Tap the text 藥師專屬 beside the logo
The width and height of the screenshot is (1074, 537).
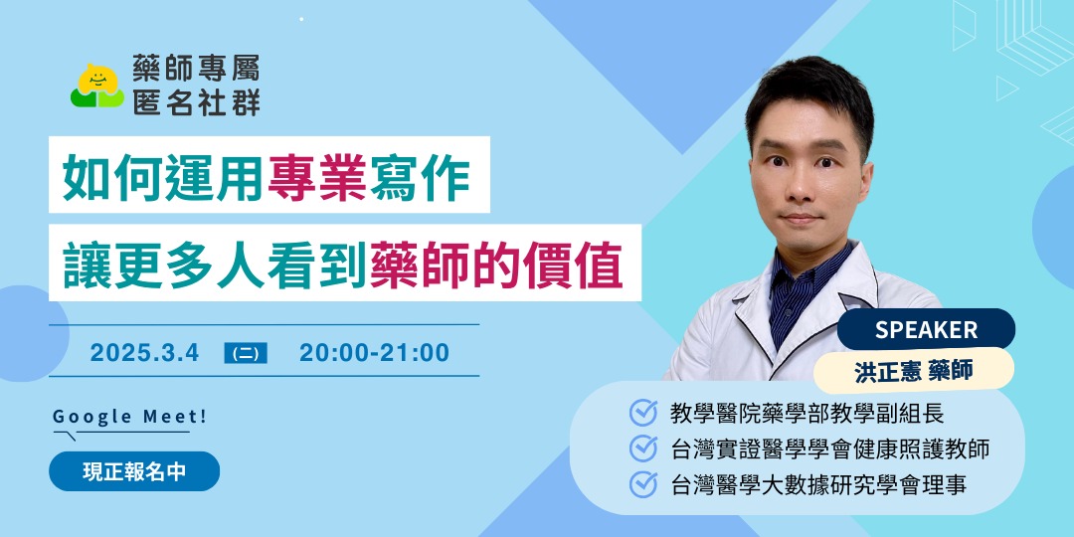click(x=197, y=70)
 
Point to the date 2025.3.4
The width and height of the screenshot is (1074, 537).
click(x=144, y=353)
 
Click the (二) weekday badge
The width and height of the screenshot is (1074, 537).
click(x=246, y=353)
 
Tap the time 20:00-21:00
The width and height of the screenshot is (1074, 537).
click(x=374, y=353)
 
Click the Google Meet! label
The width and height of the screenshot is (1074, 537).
click(x=130, y=417)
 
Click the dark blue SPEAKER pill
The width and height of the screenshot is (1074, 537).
click(x=926, y=329)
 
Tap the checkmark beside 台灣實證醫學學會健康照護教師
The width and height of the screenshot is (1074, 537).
click(x=643, y=448)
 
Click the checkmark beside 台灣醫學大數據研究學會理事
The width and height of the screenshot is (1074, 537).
click(x=643, y=484)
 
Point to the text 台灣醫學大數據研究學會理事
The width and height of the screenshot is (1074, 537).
click(x=819, y=485)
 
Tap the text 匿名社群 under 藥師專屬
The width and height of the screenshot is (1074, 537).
click(x=197, y=101)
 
